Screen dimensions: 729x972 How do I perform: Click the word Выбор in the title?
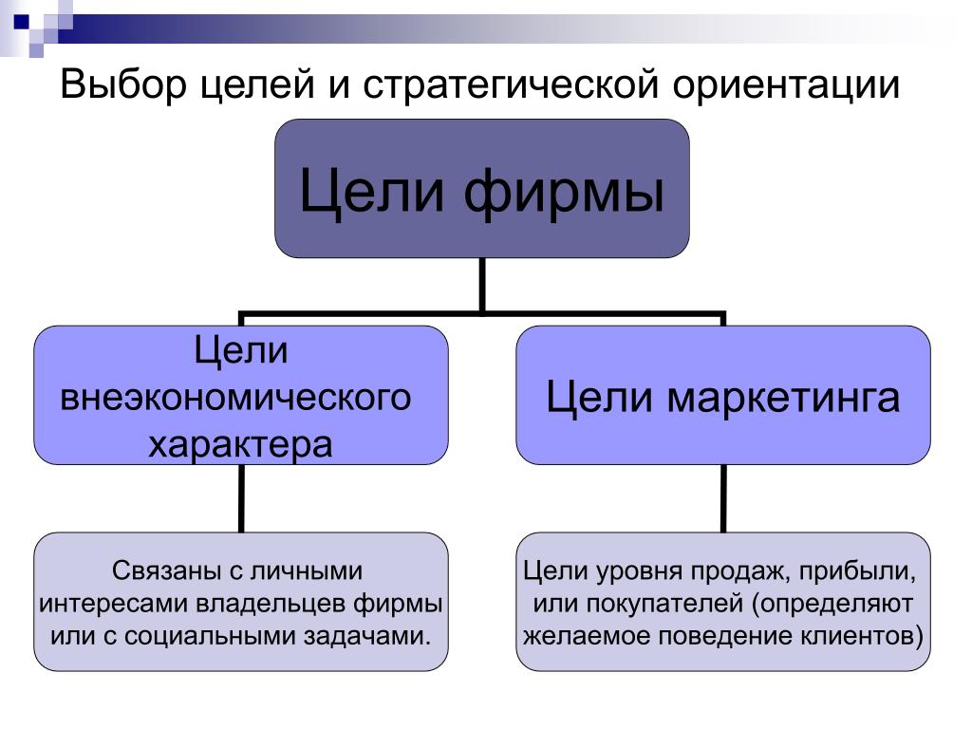tap(122, 84)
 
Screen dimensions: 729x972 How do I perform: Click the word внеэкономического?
tap(236, 397)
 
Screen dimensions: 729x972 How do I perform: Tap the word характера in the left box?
tap(240, 443)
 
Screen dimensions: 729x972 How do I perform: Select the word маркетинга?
tap(783, 397)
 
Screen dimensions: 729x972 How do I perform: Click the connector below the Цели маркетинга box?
tap(723, 498)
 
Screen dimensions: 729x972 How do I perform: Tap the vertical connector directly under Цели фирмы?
tap(482, 284)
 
